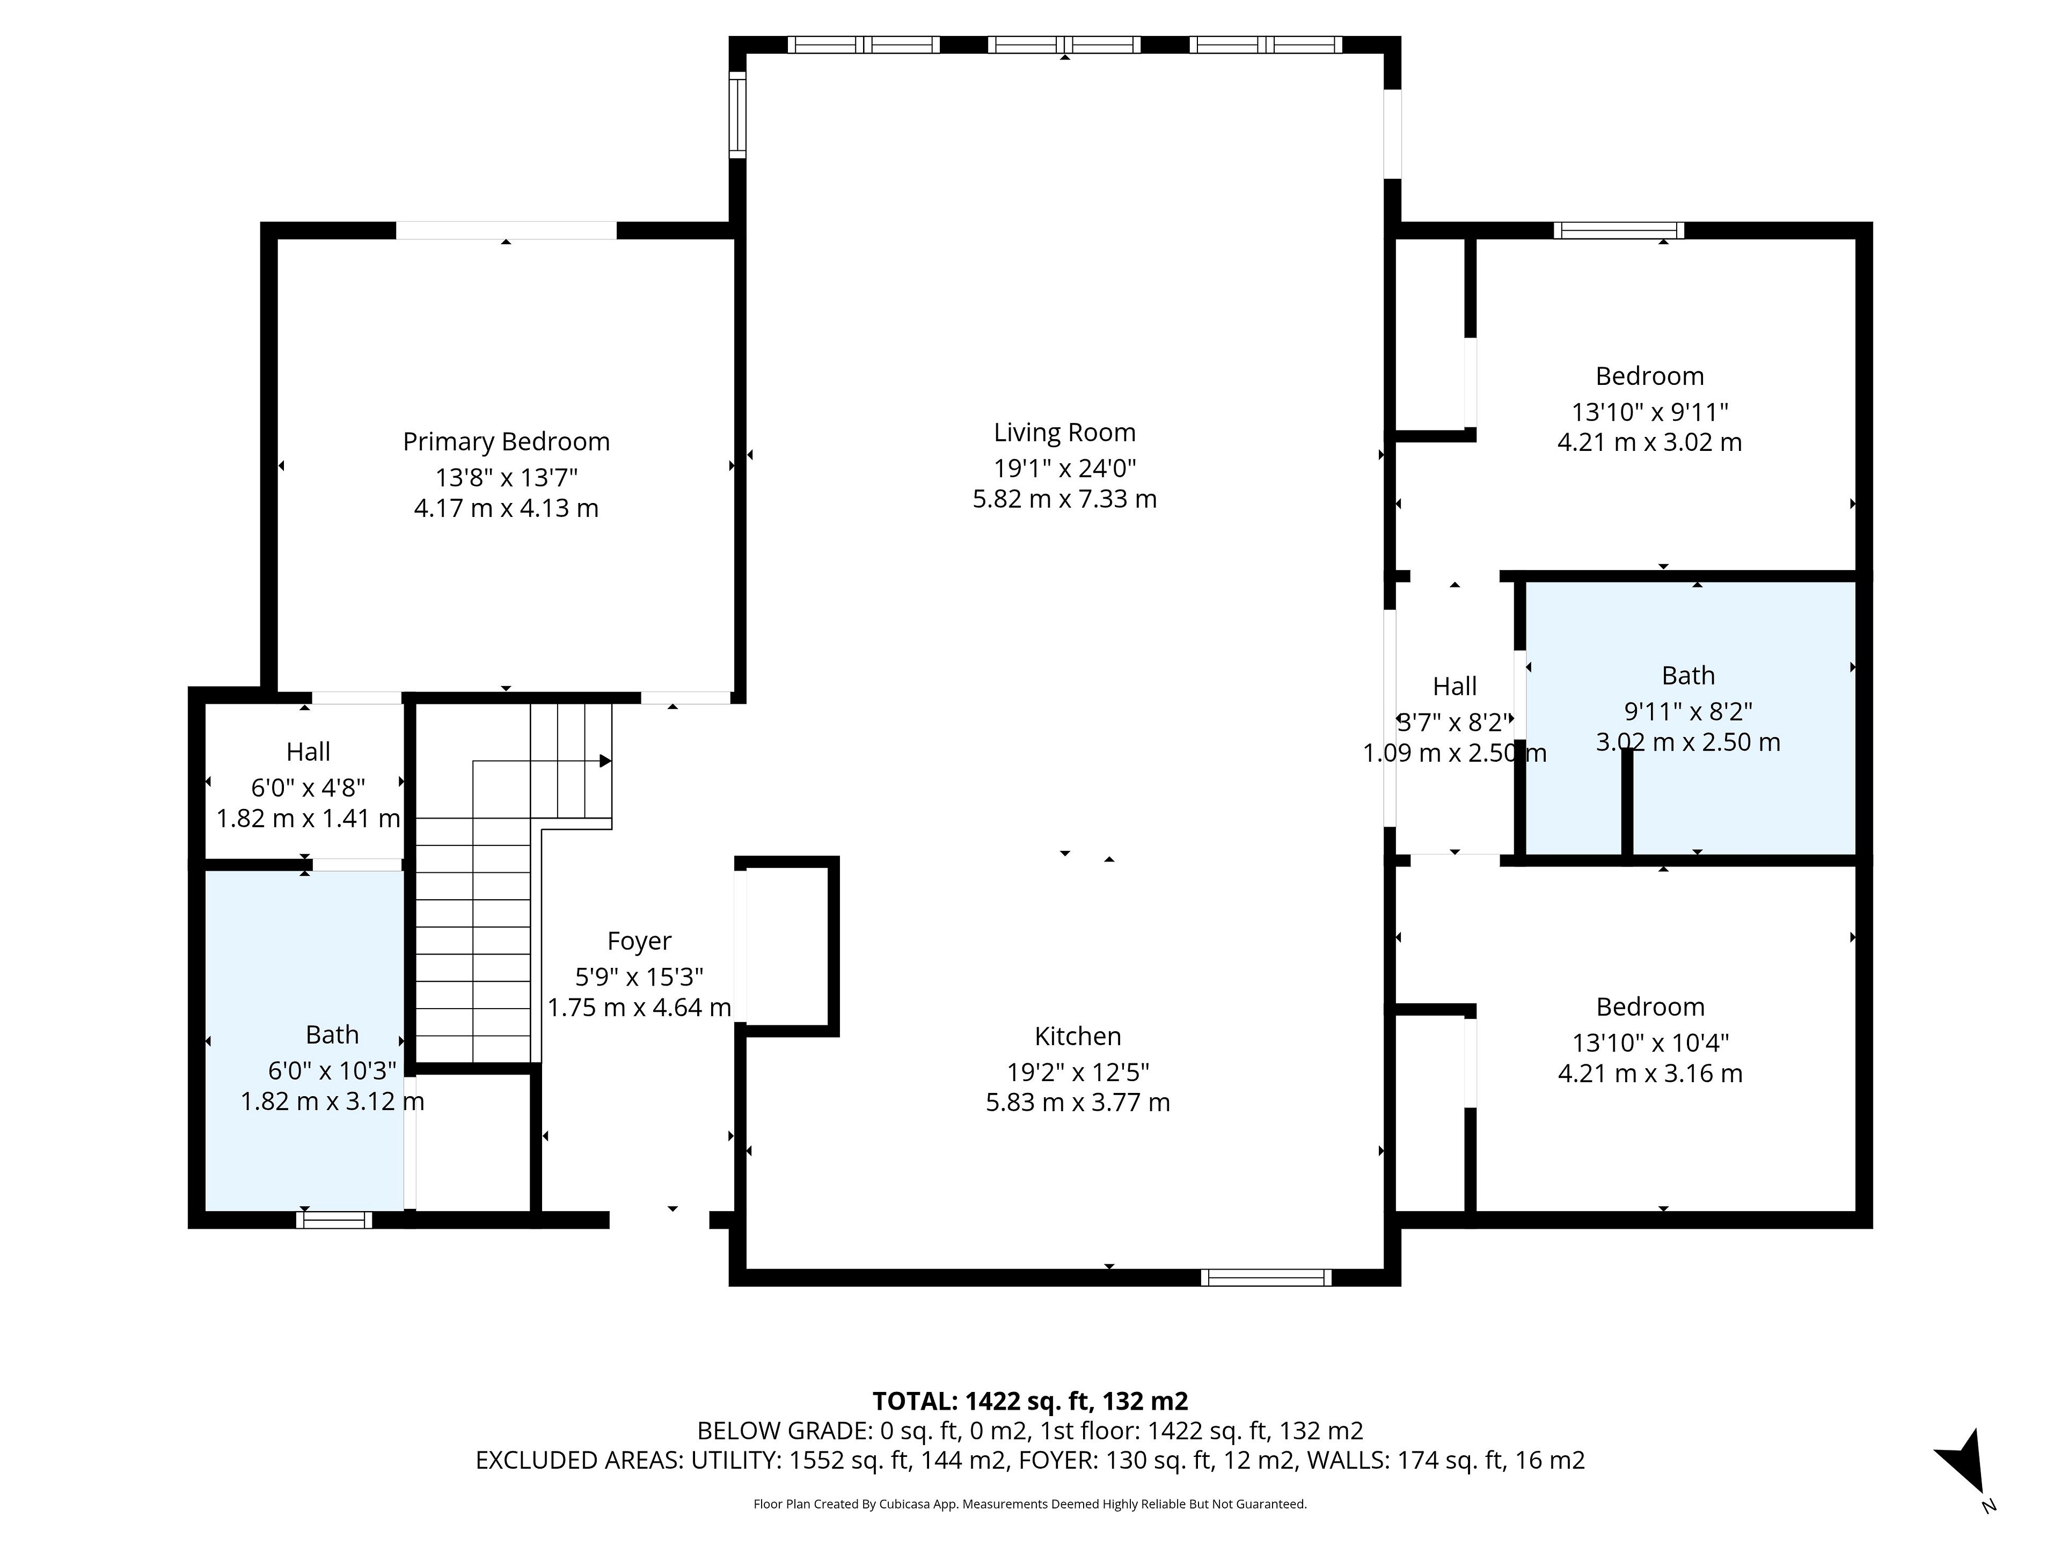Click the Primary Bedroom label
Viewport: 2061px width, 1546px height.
pyautogui.click(x=506, y=442)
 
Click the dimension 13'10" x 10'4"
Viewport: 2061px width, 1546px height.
pyautogui.click(x=1650, y=1043)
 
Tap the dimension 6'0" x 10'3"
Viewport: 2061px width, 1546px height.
pyautogui.click(x=333, y=1071)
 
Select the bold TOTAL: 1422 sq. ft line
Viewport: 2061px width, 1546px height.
pyautogui.click(x=1030, y=1401)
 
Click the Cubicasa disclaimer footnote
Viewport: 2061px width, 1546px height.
pyautogui.click(x=1030, y=1504)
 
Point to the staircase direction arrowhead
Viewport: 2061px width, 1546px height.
pyautogui.click(x=605, y=761)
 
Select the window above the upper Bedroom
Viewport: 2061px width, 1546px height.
pyautogui.click(x=1619, y=230)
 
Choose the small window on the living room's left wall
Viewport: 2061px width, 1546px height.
pyautogui.click(x=737, y=115)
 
